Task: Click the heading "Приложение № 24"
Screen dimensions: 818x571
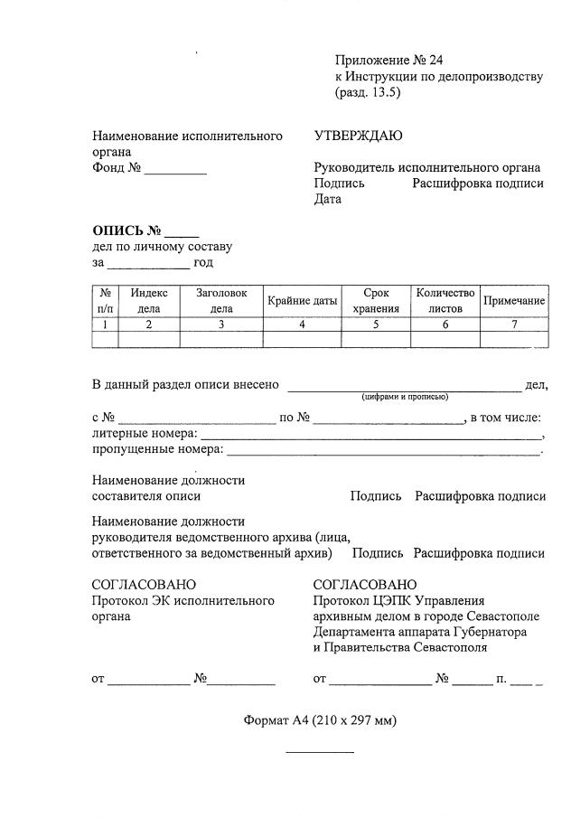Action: click(388, 61)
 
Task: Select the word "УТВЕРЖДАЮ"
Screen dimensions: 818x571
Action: click(358, 136)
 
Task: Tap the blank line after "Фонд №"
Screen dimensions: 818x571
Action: click(175, 171)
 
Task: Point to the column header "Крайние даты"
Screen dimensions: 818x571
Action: click(302, 301)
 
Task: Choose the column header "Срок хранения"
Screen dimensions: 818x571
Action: click(375, 301)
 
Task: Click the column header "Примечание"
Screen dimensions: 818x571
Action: click(514, 301)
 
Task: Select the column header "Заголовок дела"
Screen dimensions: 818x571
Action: click(221, 301)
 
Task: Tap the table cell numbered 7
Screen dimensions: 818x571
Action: click(514, 324)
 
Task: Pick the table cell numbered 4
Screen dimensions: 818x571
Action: click(302, 324)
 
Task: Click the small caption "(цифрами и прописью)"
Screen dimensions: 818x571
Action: click(404, 397)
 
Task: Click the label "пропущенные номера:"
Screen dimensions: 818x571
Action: click(157, 449)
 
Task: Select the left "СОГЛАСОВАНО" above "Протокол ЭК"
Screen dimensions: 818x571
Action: click(144, 585)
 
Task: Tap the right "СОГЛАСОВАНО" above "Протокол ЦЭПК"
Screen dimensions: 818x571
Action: click(365, 585)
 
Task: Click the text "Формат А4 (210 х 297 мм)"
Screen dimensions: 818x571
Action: click(320, 720)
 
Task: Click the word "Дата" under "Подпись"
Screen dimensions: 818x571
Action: click(327, 199)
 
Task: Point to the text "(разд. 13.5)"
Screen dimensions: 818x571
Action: click(367, 92)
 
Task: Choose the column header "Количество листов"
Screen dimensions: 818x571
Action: click(445, 301)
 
